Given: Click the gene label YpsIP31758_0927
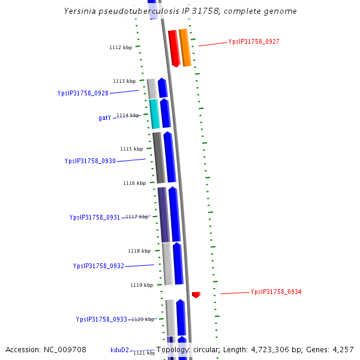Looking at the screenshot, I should pos(253,42).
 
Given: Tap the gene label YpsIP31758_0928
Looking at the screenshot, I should pos(83,94).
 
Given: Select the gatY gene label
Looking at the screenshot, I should pos(105,118).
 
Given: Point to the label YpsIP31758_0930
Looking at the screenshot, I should pos(90,161).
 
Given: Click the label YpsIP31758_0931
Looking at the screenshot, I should pos(95,218).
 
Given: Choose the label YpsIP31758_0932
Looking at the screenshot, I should pos(98,266).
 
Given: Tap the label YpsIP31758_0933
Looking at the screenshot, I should pos(101,320).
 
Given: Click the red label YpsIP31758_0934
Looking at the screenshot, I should pos(275,292).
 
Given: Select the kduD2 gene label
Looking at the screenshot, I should pos(119,350).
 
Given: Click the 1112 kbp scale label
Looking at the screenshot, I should pos(121,47).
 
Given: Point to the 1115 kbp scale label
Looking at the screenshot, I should pos(131,149).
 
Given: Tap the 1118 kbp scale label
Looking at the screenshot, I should pos(139,251).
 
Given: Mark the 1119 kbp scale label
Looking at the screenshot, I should pos(142,285).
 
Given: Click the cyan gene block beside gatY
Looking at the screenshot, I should pos(154,114).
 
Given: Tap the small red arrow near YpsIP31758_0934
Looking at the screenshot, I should pos(196,295).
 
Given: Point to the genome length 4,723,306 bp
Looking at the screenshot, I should pos(269,350).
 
